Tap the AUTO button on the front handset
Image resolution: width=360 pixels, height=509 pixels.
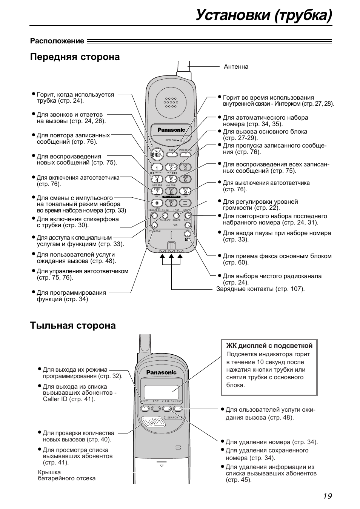pos(172,154)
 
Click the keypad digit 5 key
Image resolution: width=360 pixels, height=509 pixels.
pos(171,180)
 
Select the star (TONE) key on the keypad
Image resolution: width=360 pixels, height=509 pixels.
pos(157,203)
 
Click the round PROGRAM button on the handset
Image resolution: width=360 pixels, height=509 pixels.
pos(154,226)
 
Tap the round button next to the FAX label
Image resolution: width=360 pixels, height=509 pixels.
pos(188,225)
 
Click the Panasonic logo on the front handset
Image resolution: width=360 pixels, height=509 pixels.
pos(171,130)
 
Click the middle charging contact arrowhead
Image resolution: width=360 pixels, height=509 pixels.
pos(171,257)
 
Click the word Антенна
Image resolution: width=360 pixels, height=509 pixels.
pos(236,67)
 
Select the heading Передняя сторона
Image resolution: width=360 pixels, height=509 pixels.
pos(75,57)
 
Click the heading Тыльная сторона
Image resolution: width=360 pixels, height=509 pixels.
pos(73,326)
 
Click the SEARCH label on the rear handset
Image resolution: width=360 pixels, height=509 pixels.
pos(172,418)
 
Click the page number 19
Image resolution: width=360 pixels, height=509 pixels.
pos(327,496)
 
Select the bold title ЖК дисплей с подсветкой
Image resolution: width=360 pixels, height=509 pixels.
pos(269,346)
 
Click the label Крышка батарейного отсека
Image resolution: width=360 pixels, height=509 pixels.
pos(66,475)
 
